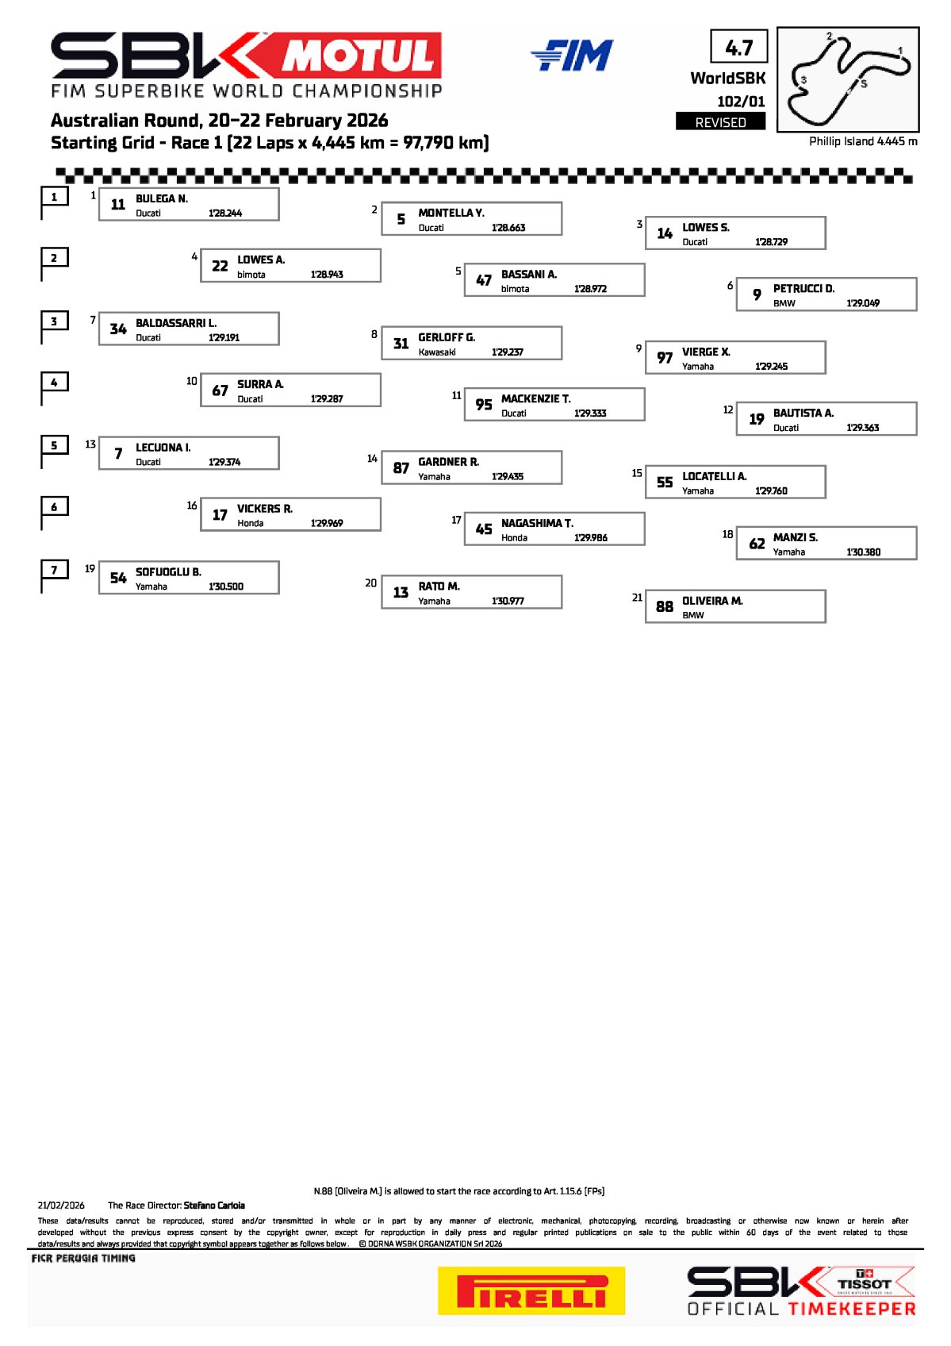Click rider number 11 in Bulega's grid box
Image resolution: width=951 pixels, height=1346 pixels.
[x=117, y=204]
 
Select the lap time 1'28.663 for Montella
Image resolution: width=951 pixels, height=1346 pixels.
[x=508, y=228]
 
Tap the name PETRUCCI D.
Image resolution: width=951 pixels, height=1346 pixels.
[x=803, y=288]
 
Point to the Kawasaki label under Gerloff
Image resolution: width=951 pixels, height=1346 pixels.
[x=436, y=352]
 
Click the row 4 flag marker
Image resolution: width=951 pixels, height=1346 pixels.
[x=54, y=387]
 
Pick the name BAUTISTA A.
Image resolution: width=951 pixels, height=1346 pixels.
[x=803, y=413]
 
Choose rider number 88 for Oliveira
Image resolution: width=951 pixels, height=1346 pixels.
[x=664, y=606]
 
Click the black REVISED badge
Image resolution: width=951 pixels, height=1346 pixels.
[x=720, y=121]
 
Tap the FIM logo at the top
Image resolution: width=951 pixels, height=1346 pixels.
[x=572, y=56]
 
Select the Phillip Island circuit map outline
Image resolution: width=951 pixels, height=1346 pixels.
[x=848, y=79]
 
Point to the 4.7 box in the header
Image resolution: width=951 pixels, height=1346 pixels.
[x=739, y=46]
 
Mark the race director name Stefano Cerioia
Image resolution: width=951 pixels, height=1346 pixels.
[x=213, y=1205]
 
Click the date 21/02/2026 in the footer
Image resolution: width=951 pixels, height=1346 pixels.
[x=61, y=1205]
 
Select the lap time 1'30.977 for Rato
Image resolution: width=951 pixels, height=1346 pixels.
[x=508, y=601]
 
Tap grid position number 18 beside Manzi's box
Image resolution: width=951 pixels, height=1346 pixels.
[x=727, y=534]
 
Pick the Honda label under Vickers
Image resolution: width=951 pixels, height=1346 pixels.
[x=250, y=523]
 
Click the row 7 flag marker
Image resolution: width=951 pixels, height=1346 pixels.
[x=54, y=575]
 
